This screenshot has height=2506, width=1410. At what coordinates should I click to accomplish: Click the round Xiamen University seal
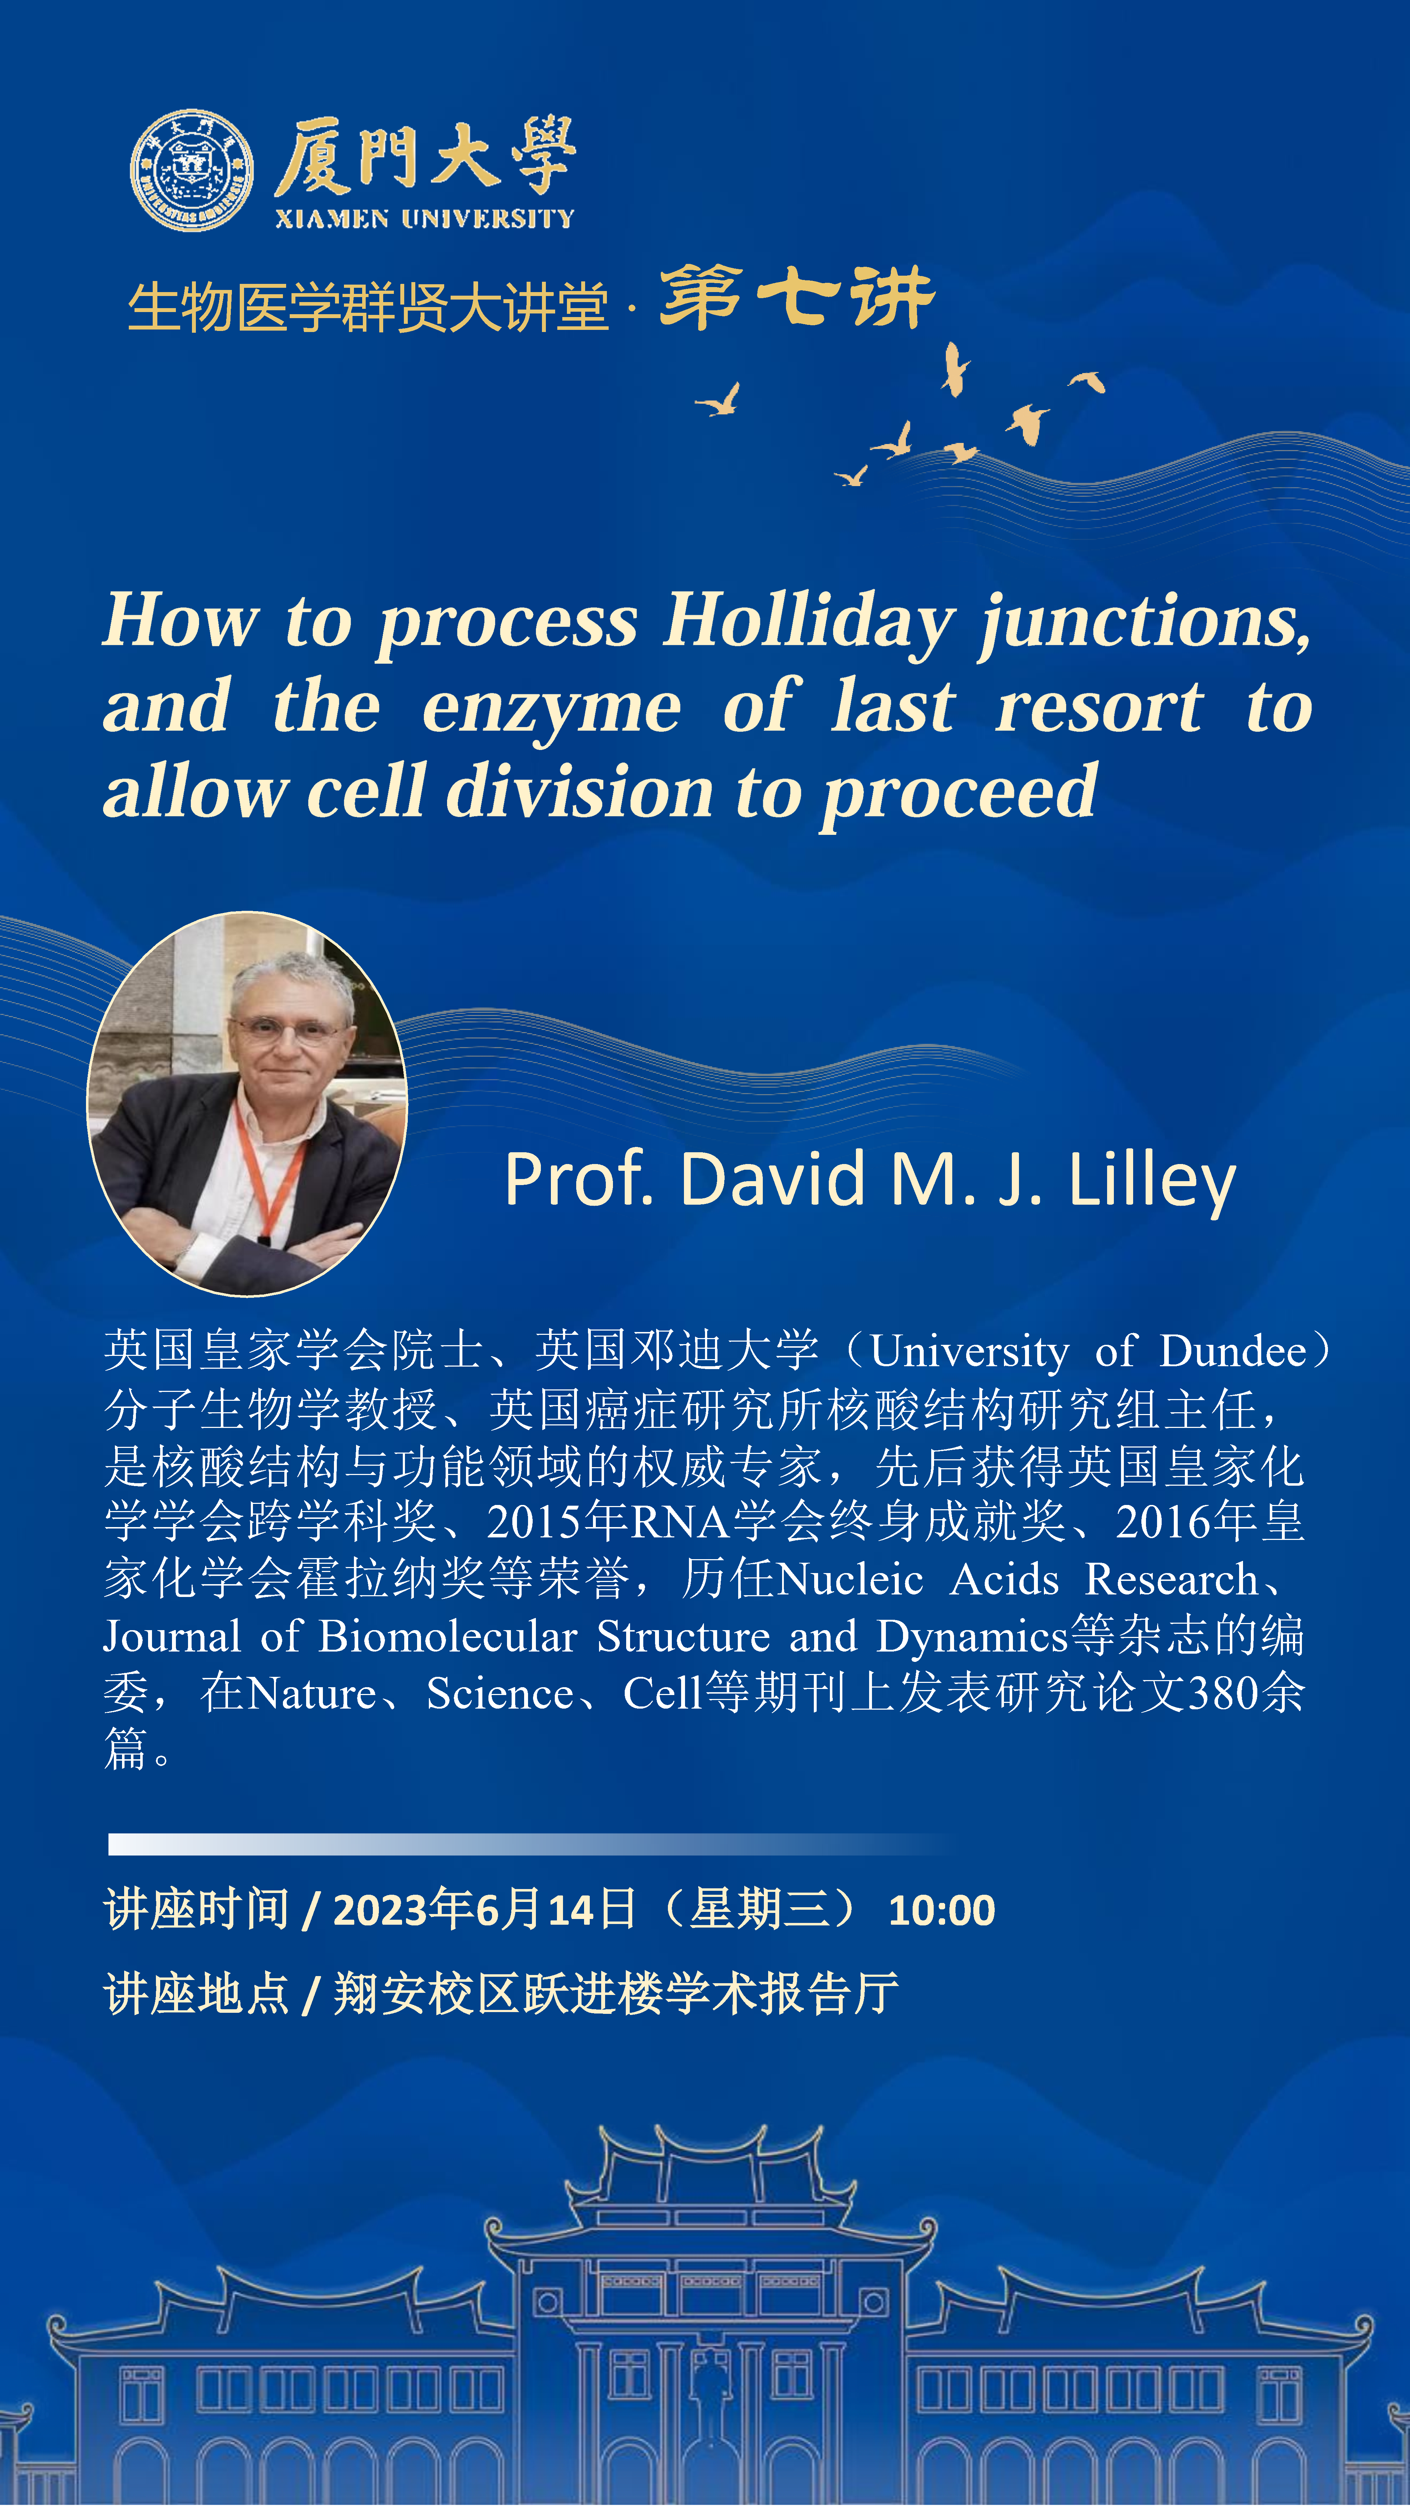tap(192, 170)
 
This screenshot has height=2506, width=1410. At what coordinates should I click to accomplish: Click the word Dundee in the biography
tap(1233, 1351)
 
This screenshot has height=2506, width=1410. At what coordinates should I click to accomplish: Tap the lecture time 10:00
tap(941, 1911)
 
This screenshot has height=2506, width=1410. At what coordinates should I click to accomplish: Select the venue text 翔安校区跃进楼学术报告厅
tap(616, 1994)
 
